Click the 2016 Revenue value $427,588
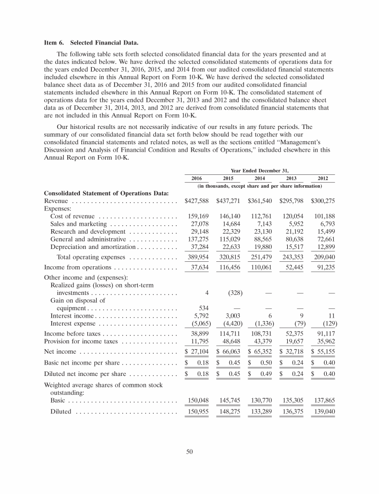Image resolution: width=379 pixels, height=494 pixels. [197, 202]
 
